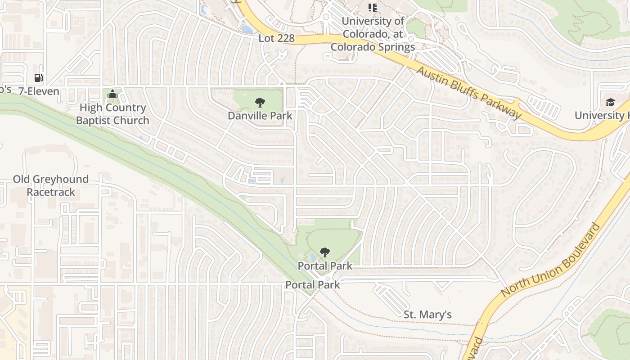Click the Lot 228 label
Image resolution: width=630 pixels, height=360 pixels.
(276, 39)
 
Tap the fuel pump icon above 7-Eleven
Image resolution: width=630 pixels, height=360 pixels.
(39, 78)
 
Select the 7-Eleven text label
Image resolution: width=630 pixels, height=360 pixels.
(39, 91)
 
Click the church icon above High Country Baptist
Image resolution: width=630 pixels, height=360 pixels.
(112, 94)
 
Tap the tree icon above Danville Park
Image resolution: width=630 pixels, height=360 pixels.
(260, 103)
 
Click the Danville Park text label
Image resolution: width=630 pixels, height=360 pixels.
(260, 116)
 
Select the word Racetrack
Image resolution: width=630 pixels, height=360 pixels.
(51, 192)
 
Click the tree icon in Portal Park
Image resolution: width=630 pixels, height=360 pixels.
(324, 252)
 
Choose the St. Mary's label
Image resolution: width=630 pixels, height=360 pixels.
(427, 315)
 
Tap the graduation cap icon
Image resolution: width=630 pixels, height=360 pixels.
(610, 102)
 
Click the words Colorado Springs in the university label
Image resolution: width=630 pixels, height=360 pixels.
(373, 47)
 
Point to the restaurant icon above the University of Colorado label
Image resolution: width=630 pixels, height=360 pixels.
(372, 7)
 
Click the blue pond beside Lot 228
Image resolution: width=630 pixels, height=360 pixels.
(247, 30)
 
